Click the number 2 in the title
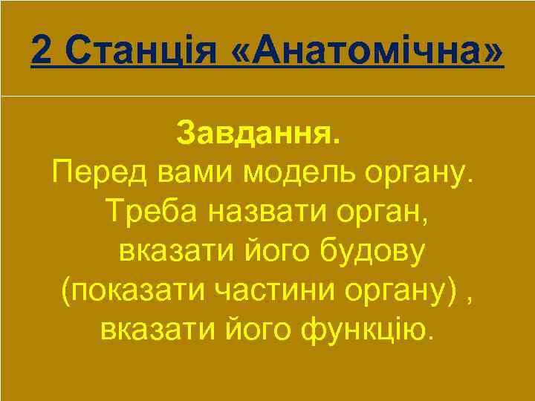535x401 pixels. pos(43,51)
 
